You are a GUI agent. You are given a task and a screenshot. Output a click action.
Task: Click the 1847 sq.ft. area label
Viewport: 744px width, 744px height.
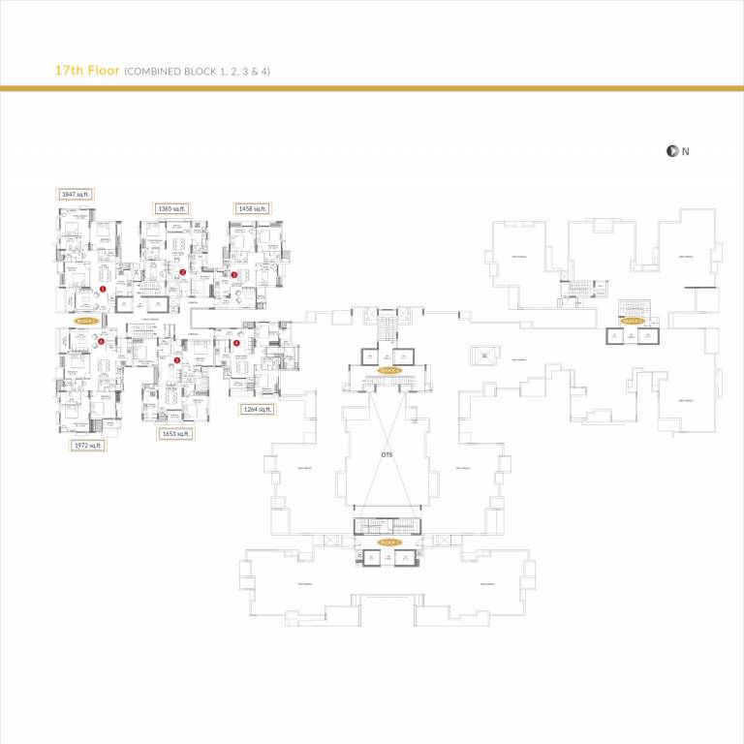[75, 195]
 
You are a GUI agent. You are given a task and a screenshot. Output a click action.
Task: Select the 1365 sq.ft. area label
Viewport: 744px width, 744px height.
[171, 208]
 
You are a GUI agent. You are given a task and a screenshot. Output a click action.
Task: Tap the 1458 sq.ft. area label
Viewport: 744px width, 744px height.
[252, 208]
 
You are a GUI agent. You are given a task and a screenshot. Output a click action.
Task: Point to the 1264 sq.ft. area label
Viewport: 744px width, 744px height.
[257, 410]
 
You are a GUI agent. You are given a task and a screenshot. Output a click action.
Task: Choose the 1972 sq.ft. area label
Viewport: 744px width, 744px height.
[87, 446]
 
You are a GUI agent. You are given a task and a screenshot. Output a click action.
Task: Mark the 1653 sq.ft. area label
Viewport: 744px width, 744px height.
[175, 434]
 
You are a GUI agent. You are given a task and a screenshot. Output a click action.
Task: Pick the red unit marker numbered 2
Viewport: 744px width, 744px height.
[182, 272]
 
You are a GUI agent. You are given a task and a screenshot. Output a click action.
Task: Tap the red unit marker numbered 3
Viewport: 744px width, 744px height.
[233, 275]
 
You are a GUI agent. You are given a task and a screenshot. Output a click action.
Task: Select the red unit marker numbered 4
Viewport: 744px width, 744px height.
[236, 343]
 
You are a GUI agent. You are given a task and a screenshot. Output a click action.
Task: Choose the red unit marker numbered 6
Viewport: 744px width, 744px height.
[101, 341]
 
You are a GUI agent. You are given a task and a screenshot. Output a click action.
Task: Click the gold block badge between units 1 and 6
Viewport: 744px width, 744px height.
[85, 319]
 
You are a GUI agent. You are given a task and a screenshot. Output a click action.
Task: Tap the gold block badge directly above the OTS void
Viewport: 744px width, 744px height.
[388, 370]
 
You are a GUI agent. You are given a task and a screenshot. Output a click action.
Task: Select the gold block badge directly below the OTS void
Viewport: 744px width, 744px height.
[388, 542]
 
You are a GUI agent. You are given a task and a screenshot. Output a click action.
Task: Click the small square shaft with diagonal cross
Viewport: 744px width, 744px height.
[481, 356]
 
